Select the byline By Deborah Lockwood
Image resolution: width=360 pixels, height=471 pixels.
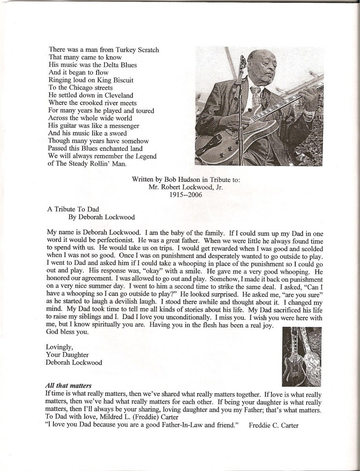pos(99,217)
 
